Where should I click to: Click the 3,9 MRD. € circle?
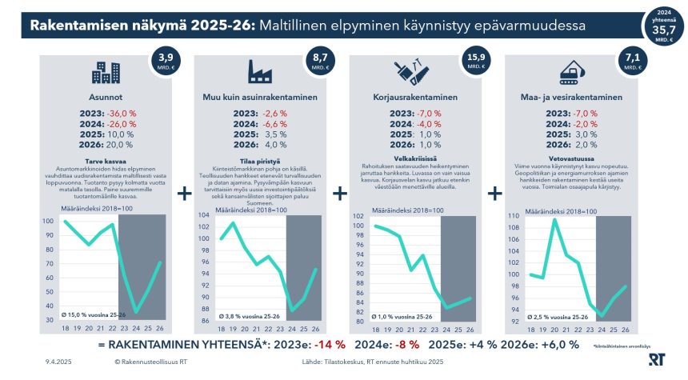pyautogui.click(x=166, y=62)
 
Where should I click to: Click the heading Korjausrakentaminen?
pyautogui.click(x=415, y=98)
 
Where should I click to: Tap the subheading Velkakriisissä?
pyautogui.click(x=415, y=158)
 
